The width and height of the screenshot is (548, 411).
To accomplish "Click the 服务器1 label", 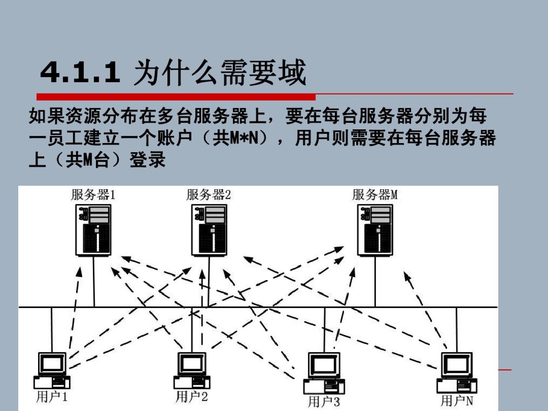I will (x=93, y=195).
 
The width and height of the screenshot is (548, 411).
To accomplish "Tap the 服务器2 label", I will (x=209, y=195).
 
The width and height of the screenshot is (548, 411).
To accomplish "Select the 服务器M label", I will (x=375, y=195).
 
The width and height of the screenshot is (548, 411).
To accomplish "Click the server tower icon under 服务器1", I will (x=94, y=230).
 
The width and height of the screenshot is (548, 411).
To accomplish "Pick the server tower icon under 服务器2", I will (x=209, y=230).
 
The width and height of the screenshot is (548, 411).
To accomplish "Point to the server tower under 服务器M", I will (x=375, y=230).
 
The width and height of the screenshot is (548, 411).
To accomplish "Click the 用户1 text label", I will (x=52, y=397).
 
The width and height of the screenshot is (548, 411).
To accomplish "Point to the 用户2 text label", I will (x=192, y=397).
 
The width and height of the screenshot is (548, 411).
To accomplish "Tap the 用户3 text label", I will (x=324, y=401).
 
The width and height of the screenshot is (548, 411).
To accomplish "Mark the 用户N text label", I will (x=457, y=401).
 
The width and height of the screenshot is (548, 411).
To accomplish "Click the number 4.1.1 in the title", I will (x=80, y=72).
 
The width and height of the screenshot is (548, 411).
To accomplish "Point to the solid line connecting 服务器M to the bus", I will (x=375, y=282).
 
